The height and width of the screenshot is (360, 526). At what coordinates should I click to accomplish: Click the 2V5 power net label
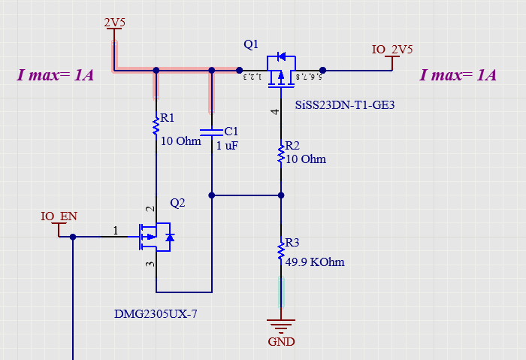(114, 23)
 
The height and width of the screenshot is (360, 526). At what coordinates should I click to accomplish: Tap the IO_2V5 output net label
(392, 50)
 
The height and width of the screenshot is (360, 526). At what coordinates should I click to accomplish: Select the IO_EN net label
(59, 216)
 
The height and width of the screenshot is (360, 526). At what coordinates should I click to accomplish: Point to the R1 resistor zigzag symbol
(156, 126)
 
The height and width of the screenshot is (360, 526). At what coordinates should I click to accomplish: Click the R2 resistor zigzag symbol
(281, 153)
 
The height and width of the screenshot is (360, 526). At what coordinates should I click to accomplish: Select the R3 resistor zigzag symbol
(281, 250)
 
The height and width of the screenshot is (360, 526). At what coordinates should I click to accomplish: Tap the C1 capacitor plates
(212, 132)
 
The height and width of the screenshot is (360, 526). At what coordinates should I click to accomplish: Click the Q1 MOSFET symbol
(281, 71)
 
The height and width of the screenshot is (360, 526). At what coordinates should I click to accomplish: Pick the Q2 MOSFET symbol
(156, 237)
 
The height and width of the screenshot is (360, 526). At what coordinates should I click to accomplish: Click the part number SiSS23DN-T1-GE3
(345, 105)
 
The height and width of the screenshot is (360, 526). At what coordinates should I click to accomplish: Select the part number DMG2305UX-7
(156, 314)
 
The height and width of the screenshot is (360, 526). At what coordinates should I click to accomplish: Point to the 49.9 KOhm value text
(315, 262)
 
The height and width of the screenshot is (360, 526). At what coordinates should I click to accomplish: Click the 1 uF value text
(227, 146)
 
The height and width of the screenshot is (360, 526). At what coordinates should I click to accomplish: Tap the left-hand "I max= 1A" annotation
(56, 75)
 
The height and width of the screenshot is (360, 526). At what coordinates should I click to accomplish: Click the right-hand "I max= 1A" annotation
(458, 75)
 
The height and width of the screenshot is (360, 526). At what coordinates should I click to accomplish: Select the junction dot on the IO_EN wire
(73, 237)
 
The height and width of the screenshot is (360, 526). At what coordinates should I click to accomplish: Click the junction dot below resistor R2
(281, 195)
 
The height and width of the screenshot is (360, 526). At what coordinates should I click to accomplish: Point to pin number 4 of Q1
(275, 112)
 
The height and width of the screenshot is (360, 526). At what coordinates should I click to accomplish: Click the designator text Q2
(177, 203)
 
